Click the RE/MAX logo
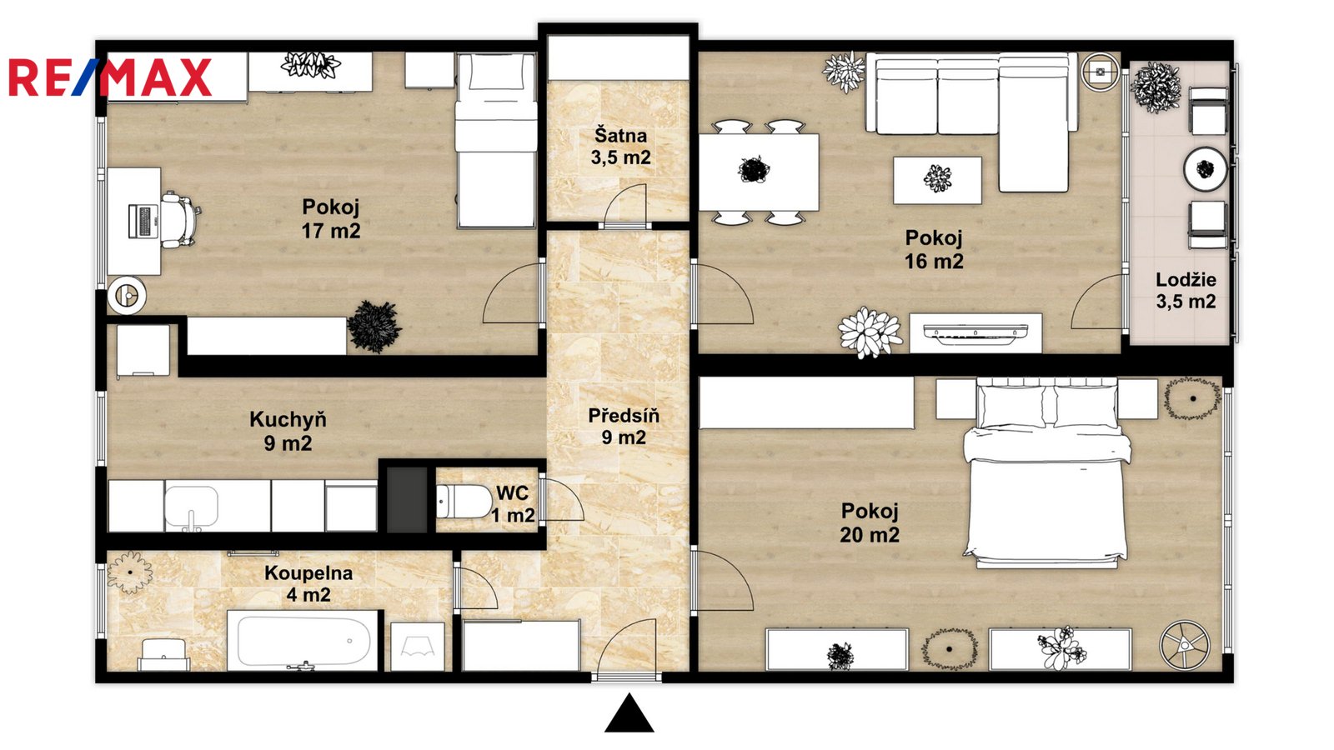tap(110, 77)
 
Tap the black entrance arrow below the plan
tap(629, 712)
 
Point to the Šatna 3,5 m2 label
tap(620, 147)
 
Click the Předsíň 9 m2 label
tap(624, 426)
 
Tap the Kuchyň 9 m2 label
tap(288, 431)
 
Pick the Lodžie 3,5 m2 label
tap(1186, 291)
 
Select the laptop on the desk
tap(143, 220)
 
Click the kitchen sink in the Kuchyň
tap(191, 507)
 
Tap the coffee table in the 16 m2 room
tap(937, 180)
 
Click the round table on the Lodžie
tap(1206, 169)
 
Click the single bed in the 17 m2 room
tap(496, 141)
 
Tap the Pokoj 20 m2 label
tap(870, 522)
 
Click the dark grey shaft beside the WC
tap(408, 500)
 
